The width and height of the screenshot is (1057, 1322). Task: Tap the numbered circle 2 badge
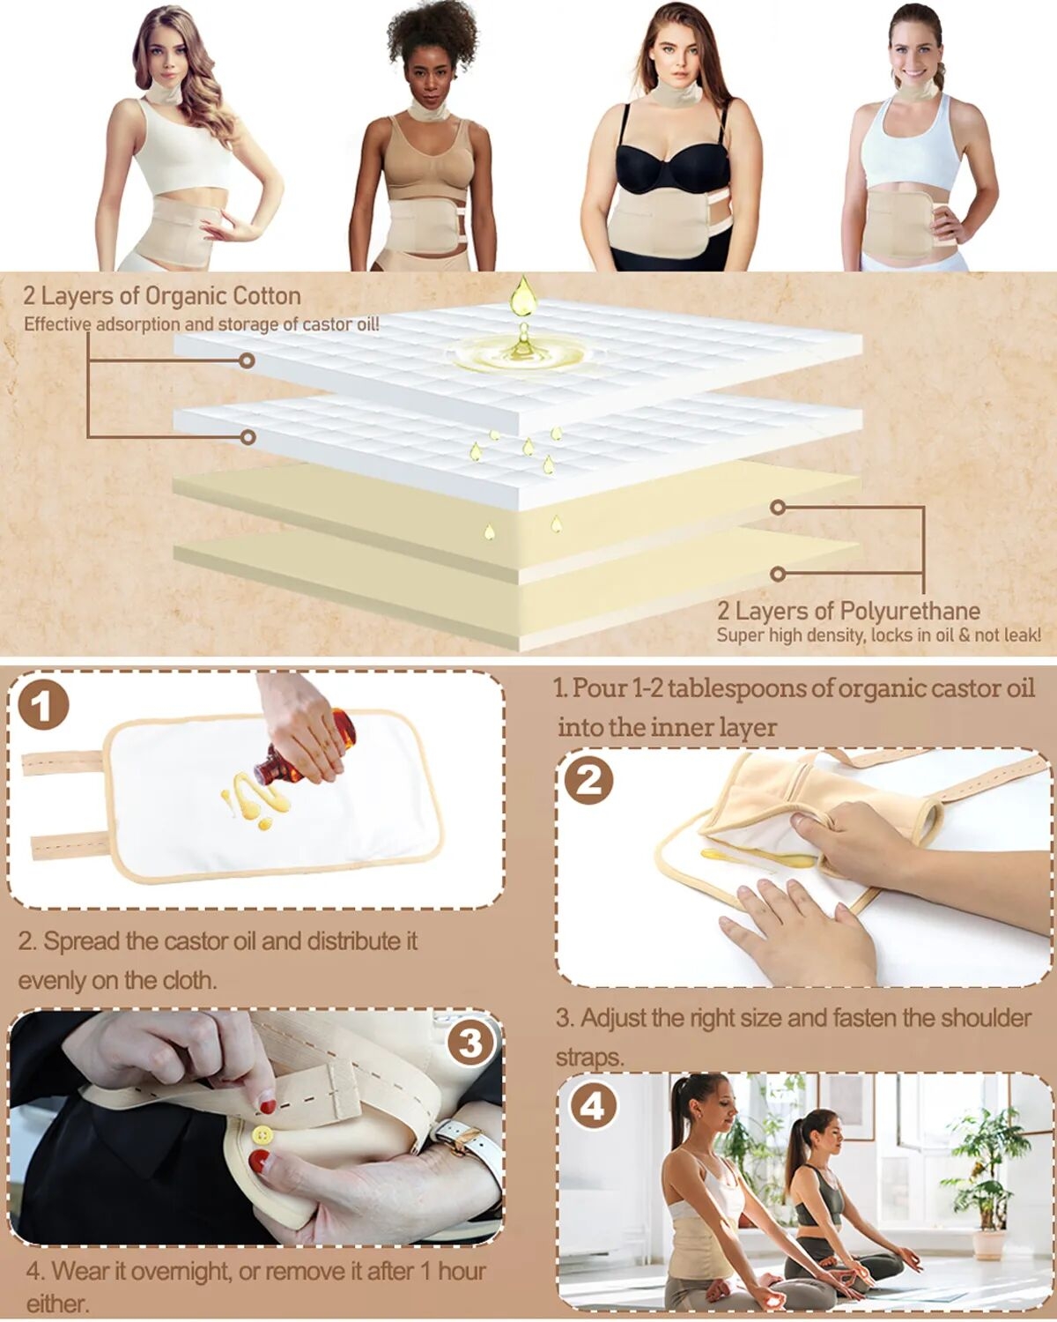[589, 780]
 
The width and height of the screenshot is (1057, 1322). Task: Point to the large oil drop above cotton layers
[523, 296]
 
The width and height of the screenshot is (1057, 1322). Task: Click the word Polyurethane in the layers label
[909, 612]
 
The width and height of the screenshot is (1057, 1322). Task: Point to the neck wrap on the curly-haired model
[429, 113]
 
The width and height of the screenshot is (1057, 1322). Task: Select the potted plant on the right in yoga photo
[991, 1199]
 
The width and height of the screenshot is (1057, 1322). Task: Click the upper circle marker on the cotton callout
[247, 360]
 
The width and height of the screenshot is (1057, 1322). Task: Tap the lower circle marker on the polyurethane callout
[778, 574]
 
